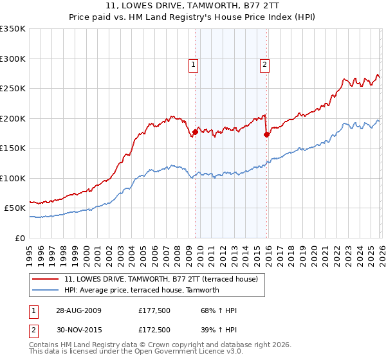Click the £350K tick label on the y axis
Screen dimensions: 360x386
[13, 29]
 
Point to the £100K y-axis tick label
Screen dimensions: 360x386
[13, 178]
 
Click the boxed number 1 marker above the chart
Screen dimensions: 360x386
[194, 64]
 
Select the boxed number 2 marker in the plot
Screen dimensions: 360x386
[264, 64]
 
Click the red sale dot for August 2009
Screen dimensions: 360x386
[195, 132]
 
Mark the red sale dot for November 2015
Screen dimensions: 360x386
[266, 135]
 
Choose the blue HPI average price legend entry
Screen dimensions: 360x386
[142, 290]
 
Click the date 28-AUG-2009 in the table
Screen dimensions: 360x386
[78, 310]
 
